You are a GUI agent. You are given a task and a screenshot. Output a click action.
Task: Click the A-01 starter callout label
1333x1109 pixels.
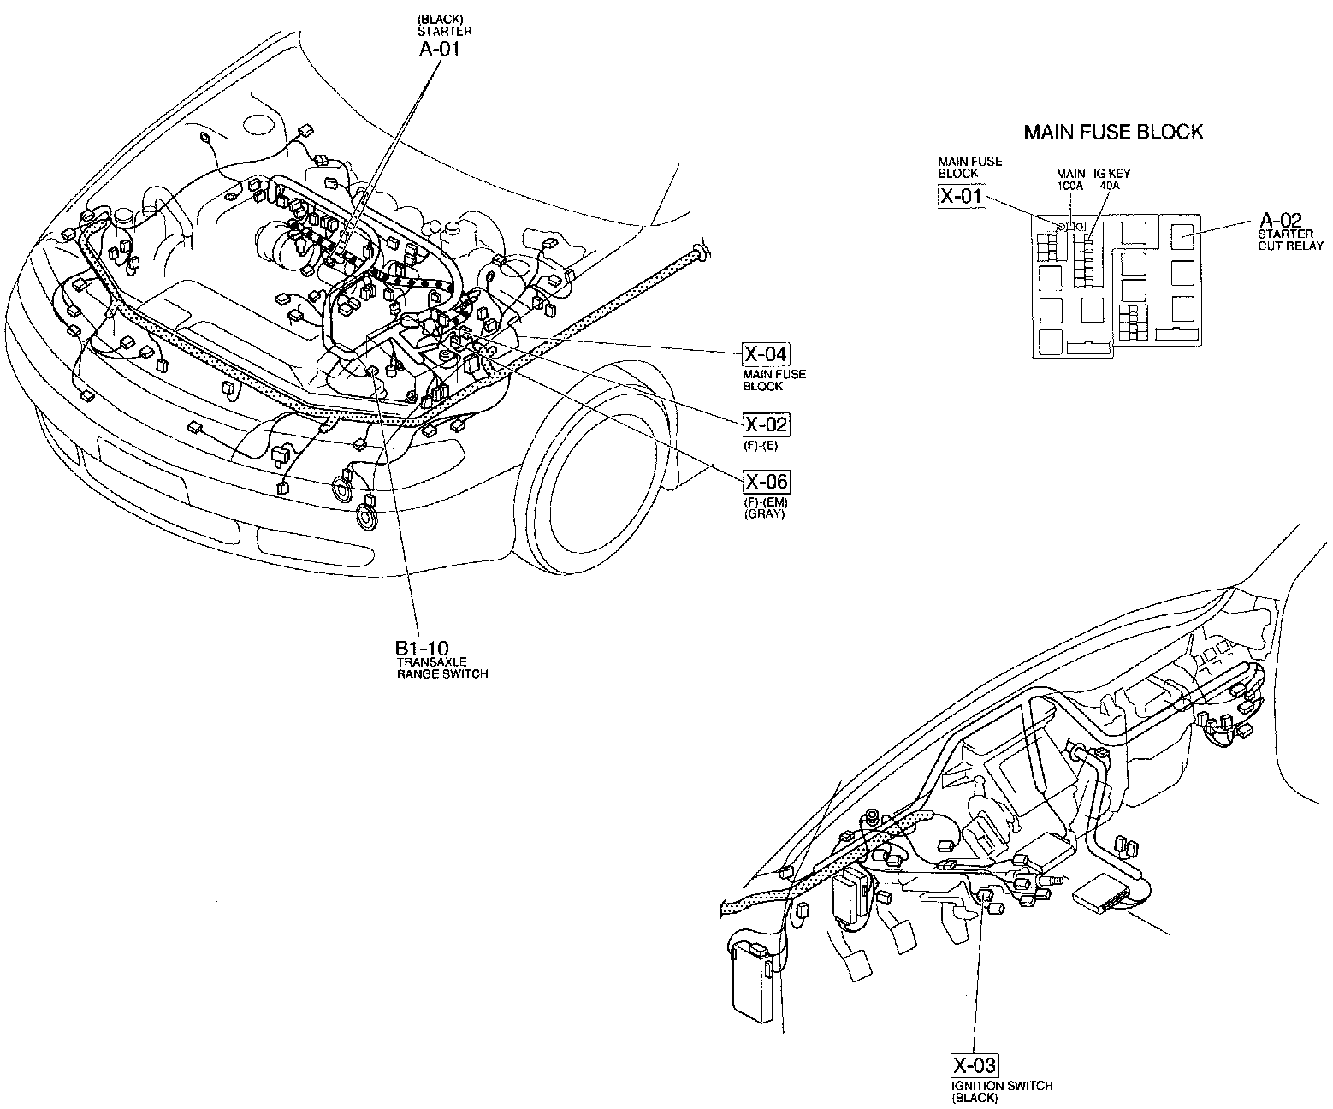[x=439, y=49]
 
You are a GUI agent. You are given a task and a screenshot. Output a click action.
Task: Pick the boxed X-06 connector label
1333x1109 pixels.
[x=766, y=482]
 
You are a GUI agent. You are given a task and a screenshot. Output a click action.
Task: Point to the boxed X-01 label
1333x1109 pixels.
[x=961, y=197]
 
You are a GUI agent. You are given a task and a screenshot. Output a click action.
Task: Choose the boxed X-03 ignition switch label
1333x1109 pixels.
[x=975, y=1065]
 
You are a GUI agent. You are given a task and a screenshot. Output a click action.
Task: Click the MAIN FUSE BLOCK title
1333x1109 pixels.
[x=1113, y=132]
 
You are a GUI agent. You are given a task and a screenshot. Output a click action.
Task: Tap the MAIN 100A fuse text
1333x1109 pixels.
[x=1070, y=179]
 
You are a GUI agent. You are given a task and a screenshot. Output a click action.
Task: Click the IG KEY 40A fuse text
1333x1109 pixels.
[x=1111, y=179]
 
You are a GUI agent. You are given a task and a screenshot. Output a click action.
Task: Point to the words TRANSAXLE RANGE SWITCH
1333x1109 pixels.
[x=441, y=668]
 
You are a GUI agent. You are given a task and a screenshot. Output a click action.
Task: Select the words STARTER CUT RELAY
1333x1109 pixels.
[x=1289, y=240]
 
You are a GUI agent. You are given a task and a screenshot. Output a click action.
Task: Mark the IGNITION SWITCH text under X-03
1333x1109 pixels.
[x=1002, y=1086]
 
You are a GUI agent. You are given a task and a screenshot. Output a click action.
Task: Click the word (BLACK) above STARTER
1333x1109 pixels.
[x=441, y=20]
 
